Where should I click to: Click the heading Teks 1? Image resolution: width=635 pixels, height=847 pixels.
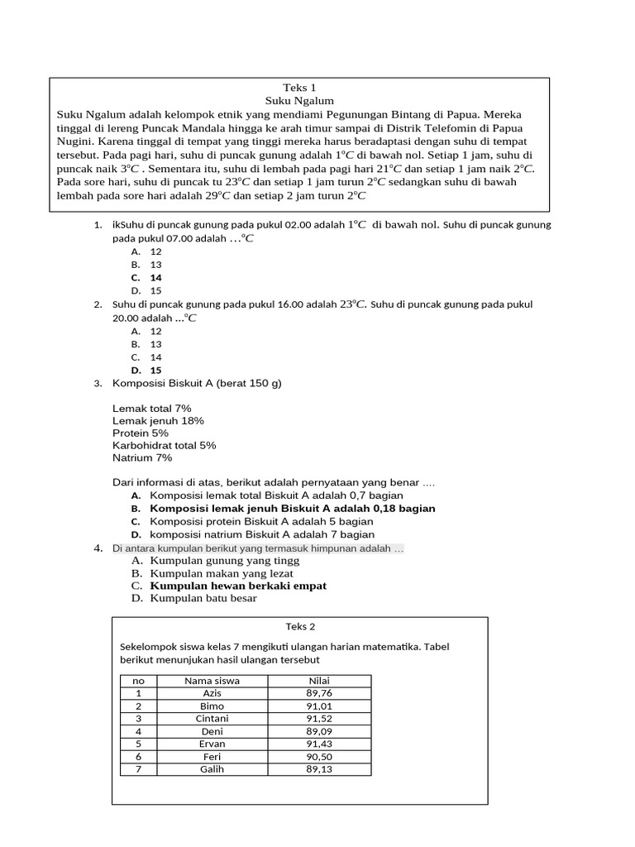tap(299, 87)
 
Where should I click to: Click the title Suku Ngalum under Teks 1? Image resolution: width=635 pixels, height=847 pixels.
tap(299, 100)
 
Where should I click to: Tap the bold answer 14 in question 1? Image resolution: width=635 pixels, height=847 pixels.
tap(155, 278)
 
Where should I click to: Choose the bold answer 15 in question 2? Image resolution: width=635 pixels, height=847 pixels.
tap(155, 371)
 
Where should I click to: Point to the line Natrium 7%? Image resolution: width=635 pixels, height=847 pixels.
tap(142, 457)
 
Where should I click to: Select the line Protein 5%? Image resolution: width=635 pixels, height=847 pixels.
tap(141, 433)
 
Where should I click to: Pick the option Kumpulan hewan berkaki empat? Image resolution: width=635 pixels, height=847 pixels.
tap(238, 586)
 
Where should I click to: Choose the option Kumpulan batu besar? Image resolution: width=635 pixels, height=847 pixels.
tap(203, 598)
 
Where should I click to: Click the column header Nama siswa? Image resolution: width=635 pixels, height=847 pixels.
tap(212, 681)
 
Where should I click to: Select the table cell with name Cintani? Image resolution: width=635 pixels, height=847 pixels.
tap(212, 719)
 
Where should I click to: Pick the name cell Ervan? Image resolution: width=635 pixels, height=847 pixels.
tap(212, 744)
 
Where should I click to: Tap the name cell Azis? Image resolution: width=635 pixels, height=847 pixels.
tap(212, 693)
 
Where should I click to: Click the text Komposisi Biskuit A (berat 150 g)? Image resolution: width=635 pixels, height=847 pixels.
tap(198, 383)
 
